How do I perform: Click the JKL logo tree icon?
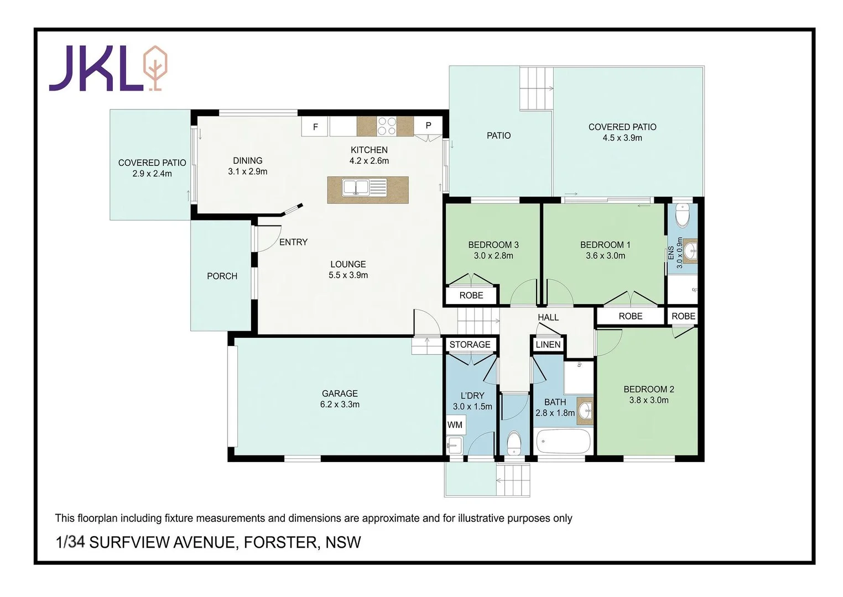pos(155,67)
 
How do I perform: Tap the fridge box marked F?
pos(315,127)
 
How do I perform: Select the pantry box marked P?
pos(428,125)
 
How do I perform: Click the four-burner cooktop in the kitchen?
pos(386,126)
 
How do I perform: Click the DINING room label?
pos(247,161)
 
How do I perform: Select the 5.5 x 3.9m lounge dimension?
pos(348,275)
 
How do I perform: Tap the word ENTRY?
pos(293,242)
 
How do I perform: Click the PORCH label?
pos(222,276)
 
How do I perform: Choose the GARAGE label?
pos(340,394)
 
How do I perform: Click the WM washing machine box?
pos(455,425)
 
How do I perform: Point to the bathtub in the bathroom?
pos(563,442)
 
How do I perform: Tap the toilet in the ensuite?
pos(683,216)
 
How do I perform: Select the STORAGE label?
pos(470,344)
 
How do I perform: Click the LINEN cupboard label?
pos(548,344)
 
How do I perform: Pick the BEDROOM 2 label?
pos(648,389)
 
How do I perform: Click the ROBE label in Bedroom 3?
pos(471,295)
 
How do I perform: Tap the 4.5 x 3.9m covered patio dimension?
pos(622,138)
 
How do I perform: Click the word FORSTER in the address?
pos(281,542)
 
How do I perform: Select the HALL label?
pos(548,317)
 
